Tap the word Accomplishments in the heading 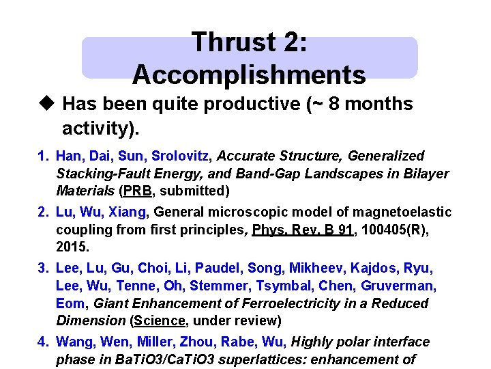point(249,74)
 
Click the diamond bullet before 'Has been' point(46,104)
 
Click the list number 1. point(42,156)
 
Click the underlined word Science point(160,320)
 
